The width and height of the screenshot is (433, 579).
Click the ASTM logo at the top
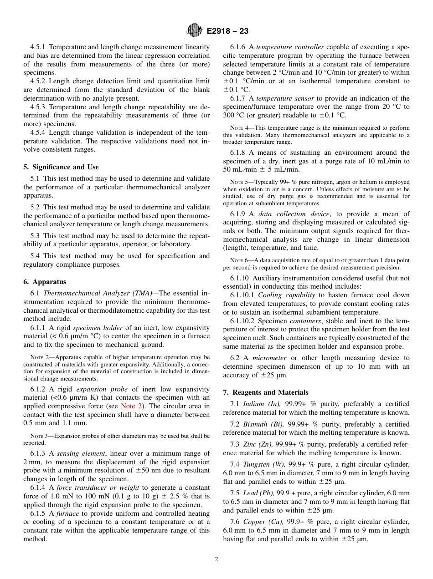pos(195,31)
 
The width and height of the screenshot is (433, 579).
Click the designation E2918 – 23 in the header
pos(227,31)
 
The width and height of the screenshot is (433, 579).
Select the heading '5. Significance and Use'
pos(61,167)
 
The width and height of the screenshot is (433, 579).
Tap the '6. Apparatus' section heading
pos(45,282)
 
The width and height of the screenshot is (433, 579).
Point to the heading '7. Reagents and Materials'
pos(266,392)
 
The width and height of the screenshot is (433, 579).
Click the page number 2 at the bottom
pos(216,559)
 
